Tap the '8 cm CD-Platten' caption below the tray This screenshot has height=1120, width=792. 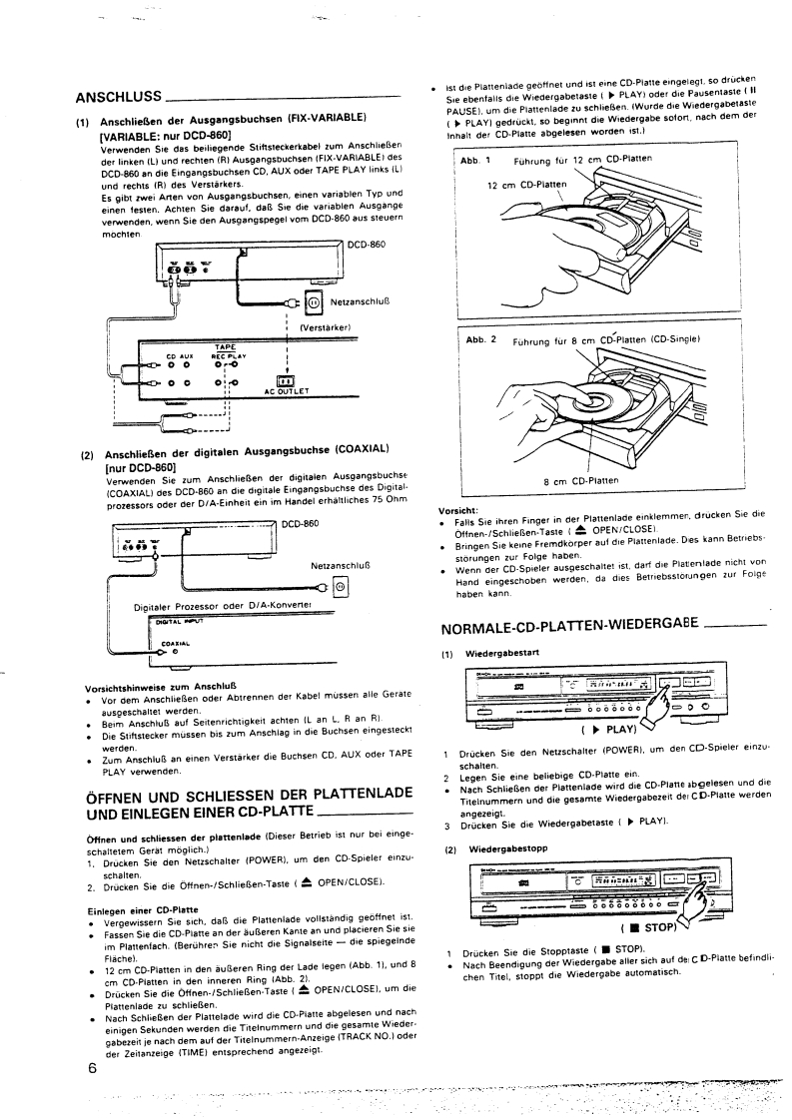click(x=581, y=480)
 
